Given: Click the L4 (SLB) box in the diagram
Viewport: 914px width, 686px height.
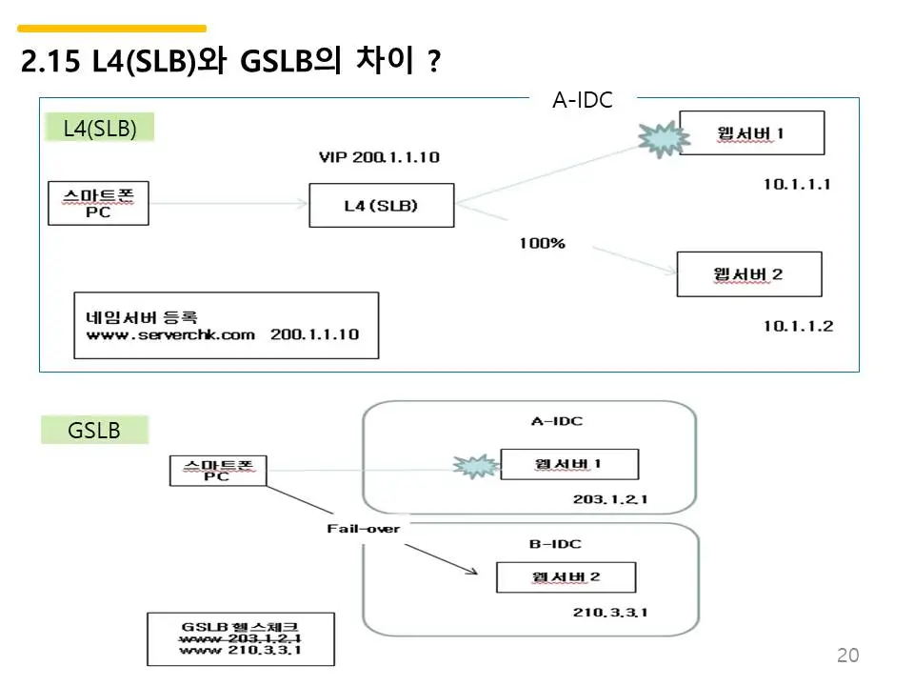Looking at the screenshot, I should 381,205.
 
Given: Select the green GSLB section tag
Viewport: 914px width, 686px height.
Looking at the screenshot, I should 94,431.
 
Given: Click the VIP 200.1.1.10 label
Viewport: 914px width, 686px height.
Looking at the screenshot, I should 379,157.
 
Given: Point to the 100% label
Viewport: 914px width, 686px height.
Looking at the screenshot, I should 542,243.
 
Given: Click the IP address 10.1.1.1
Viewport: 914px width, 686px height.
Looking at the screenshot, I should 797,184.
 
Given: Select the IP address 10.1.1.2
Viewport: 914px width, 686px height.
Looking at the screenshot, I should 798,326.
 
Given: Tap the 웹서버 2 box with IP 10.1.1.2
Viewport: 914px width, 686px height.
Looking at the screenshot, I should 748,274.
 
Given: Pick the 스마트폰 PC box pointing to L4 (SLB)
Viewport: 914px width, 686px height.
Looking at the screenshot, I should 99,204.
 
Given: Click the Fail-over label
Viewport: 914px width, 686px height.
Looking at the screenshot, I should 364,528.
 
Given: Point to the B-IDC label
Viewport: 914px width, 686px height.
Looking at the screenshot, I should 555,544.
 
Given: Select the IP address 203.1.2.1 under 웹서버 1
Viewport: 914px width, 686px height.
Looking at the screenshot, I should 610,499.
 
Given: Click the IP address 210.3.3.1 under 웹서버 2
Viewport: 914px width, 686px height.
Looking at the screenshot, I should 610,612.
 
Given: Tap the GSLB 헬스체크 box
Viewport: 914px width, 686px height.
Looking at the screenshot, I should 241,638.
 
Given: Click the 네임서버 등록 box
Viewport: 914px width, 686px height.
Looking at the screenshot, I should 226,325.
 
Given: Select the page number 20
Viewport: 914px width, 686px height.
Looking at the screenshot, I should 847,655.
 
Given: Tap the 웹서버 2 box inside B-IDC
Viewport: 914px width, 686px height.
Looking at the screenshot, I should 566,577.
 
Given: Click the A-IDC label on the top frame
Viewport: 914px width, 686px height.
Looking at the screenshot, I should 583,99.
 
